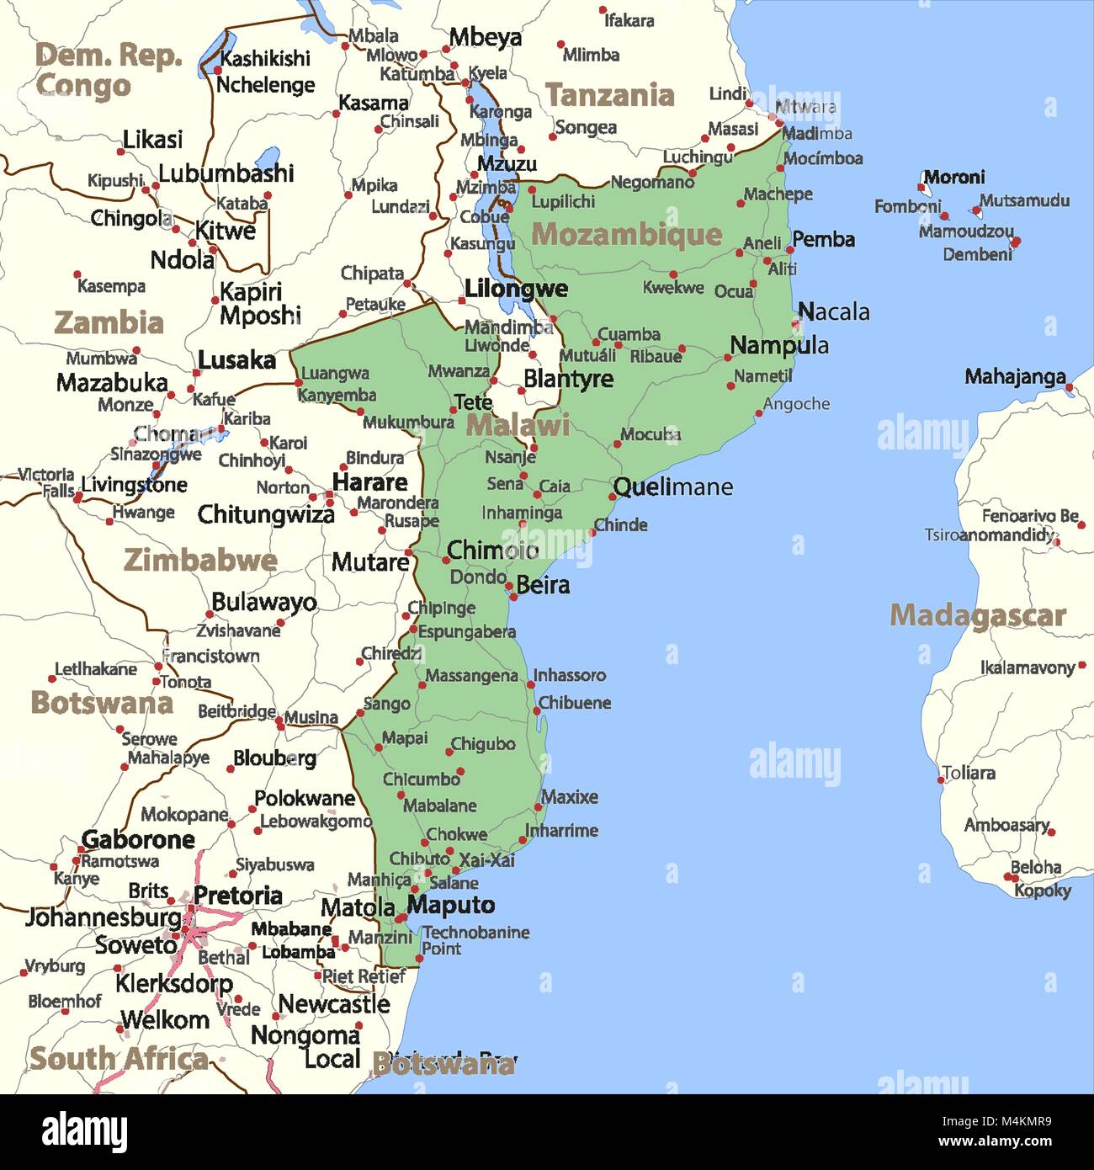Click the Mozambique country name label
pos(626,235)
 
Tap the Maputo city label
pos(451,906)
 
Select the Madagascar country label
pos(978,615)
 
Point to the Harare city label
pos(369,482)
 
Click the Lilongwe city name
pos(516,289)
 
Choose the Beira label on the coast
pos(543,584)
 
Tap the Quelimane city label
pos(672,487)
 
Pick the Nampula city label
pos(778,345)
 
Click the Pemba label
pos(823,240)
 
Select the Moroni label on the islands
pos(954,178)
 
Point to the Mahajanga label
pos(1015,376)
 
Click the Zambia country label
pos(109,322)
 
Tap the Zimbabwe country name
pos(200,560)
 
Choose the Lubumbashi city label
pos(226,173)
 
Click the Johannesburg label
pos(103,917)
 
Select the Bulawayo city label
pos(263,602)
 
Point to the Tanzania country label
pos(609,95)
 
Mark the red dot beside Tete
pos(453,411)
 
